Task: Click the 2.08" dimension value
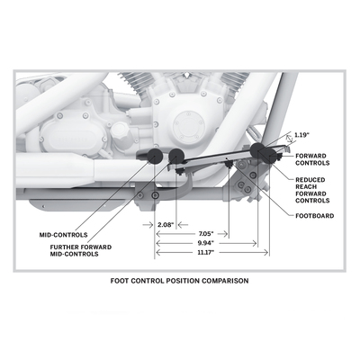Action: [166, 225]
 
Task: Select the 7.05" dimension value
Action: [206, 233]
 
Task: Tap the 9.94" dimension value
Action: [206, 243]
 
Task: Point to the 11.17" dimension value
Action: [206, 252]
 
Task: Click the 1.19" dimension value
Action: [301, 135]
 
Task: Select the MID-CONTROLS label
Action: [64, 235]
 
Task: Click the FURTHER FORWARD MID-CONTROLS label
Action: [81, 250]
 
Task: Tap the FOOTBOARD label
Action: [315, 216]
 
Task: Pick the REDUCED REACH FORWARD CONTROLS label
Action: [312, 190]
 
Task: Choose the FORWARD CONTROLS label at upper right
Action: [312, 159]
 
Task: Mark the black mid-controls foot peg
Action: [155, 156]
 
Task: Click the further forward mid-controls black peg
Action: [176, 156]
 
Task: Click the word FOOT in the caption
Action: [120, 281]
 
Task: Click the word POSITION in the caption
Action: [183, 281]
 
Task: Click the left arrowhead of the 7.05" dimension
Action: [159, 234]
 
